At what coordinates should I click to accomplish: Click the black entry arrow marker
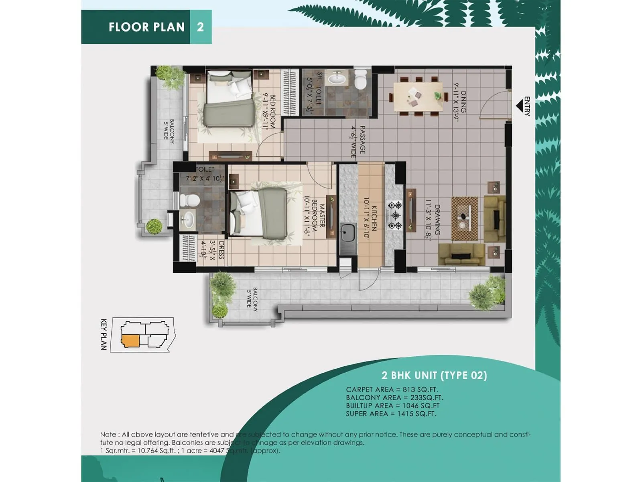click(x=519, y=106)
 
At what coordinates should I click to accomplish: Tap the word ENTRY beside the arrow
click(x=527, y=106)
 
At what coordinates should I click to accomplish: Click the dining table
click(x=418, y=97)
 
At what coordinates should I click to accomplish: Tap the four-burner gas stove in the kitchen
click(x=394, y=215)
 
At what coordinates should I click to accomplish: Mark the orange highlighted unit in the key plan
click(x=130, y=341)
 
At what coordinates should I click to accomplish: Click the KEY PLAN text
click(x=104, y=335)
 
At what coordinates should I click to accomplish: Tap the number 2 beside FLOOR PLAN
click(x=200, y=27)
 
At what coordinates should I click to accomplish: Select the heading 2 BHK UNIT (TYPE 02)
click(x=434, y=376)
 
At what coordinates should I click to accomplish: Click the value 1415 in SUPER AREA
click(x=405, y=414)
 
